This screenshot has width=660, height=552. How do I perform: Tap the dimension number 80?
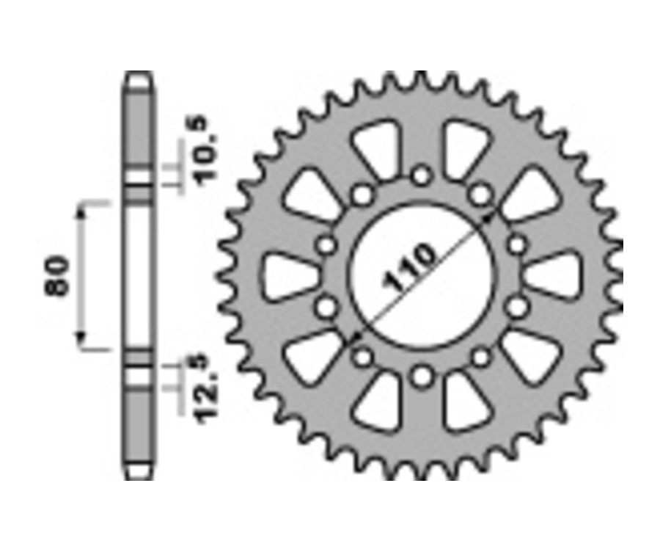click(58, 275)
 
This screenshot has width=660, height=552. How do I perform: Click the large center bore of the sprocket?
click(421, 276)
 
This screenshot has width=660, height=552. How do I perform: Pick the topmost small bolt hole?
click(421, 175)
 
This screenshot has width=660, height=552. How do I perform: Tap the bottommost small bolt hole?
click(421, 377)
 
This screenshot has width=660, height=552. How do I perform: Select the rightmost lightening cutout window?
click(554, 276)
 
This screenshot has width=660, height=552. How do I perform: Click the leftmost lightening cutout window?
click(290, 276)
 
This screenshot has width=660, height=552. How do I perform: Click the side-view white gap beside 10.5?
click(139, 179)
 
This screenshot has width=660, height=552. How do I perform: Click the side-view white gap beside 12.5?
click(139, 376)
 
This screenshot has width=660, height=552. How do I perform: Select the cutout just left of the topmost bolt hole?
click(376, 149)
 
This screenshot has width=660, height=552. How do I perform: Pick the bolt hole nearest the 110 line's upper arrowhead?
click(480, 195)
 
